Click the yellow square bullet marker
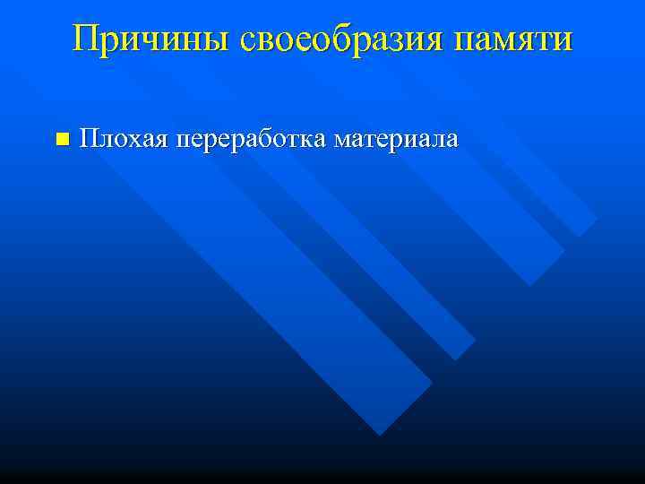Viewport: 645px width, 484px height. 61,139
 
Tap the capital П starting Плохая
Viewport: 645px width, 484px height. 89,138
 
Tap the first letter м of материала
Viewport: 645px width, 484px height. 341,141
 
